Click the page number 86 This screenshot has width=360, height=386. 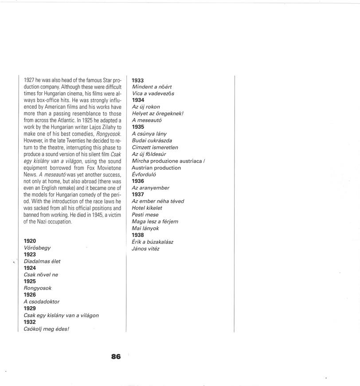point(116,356)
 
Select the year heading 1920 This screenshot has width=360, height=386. point(30,241)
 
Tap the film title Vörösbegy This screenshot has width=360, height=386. point(37,248)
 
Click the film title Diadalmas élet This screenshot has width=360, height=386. point(42,261)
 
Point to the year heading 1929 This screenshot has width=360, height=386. point(30,308)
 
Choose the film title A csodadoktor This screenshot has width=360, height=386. point(41,301)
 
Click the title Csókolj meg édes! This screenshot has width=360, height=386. point(47,328)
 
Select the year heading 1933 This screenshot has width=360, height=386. point(138,80)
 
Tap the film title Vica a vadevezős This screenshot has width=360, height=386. point(153,94)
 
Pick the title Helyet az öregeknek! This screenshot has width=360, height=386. point(157,113)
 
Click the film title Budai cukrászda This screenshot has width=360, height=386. point(152,140)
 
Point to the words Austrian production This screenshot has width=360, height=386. point(156,168)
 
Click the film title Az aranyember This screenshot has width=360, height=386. point(151,188)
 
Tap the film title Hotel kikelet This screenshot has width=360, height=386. point(147,208)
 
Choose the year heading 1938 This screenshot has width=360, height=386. point(138,235)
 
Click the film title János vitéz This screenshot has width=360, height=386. point(146,249)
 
